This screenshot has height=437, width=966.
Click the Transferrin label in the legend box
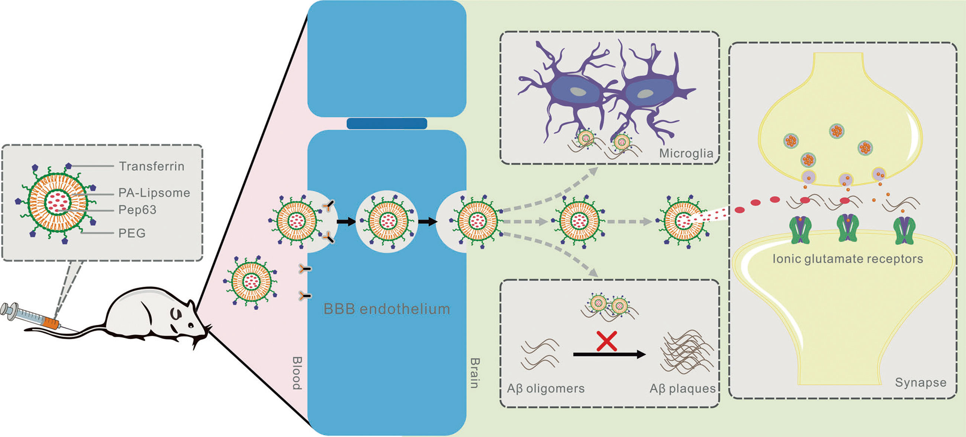(x=151, y=166)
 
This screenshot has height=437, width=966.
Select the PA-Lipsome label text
(x=154, y=193)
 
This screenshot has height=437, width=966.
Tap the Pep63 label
(x=137, y=210)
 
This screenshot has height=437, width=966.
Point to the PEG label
(x=132, y=233)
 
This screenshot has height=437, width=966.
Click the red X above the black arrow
(x=607, y=341)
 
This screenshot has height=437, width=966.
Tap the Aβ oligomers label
(x=545, y=389)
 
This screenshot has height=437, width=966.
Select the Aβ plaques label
(x=683, y=389)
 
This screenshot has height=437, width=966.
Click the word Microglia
(x=686, y=154)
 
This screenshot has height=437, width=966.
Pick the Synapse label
(x=921, y=383)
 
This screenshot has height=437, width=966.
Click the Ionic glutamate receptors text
(x=847, y=259)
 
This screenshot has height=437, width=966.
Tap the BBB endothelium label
(x=387, y=309)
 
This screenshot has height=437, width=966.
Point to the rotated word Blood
(x=297, y=373)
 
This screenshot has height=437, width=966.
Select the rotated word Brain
(x=475, y=373)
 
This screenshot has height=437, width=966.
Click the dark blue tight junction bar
(x=387, y=123)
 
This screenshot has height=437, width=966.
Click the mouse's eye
(x=191, y=324)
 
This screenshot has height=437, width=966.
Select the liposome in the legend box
(x=57, y=203)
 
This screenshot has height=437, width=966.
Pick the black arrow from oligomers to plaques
(x=609, y=354)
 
